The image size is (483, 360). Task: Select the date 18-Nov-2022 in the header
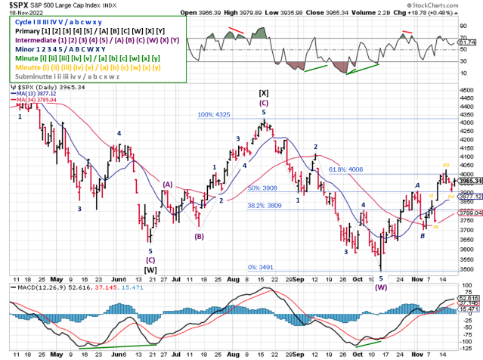coord(22,13)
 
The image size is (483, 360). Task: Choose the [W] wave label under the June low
coord(150,268)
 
